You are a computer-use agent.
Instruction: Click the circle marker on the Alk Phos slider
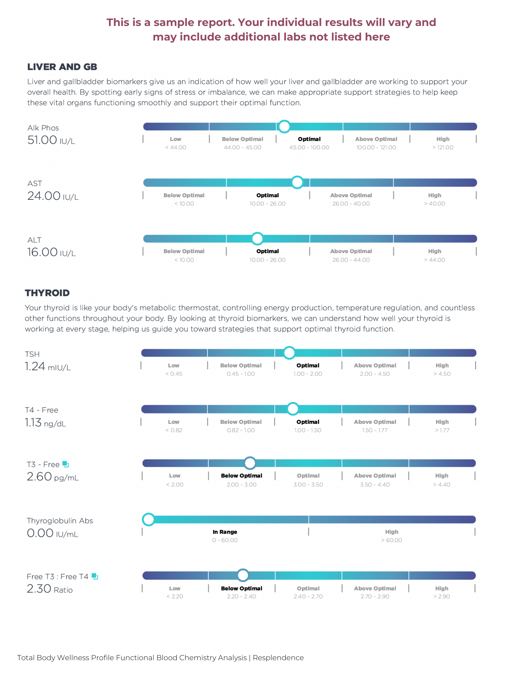284,127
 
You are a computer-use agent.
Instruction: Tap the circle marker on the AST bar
297,183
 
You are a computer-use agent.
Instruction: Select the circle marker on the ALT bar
257,239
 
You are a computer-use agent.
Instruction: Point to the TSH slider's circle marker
289,353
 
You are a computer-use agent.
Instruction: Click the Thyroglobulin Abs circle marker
148,519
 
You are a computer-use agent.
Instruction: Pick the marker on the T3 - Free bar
250,463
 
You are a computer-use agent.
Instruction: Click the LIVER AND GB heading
62,67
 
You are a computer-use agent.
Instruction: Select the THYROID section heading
47,293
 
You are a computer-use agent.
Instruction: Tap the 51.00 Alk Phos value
42,140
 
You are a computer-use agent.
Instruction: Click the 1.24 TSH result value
35,367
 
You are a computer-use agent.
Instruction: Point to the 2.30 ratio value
39,589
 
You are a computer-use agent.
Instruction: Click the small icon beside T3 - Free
66,464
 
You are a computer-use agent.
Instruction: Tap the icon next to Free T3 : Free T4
95,576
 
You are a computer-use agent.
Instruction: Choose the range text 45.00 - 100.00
309,147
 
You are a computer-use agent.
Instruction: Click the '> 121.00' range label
443,147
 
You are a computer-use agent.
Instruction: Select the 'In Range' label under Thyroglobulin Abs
225,532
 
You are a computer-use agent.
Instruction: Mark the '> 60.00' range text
392,540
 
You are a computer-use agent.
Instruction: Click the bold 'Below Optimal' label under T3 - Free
241,476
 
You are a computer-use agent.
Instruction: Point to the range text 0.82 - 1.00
241,430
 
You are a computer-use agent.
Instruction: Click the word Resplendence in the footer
278,658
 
